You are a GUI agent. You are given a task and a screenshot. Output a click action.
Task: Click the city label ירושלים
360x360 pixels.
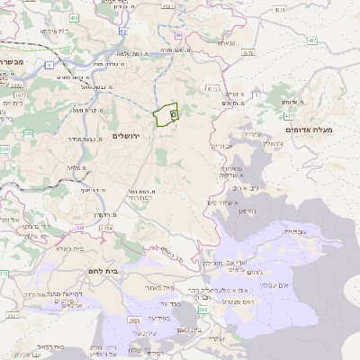(129, 135)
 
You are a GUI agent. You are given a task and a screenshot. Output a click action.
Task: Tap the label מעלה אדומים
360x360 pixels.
(309, 130)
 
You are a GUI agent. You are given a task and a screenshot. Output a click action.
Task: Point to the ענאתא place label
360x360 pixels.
(226, 43)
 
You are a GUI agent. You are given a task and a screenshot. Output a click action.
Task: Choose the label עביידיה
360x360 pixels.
(295, 231)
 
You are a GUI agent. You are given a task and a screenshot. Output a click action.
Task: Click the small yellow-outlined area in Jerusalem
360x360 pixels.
(165, 116)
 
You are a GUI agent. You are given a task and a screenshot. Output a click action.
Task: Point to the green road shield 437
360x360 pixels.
(312, 40)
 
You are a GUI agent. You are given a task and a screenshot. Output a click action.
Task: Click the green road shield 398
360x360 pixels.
(204, 309)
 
